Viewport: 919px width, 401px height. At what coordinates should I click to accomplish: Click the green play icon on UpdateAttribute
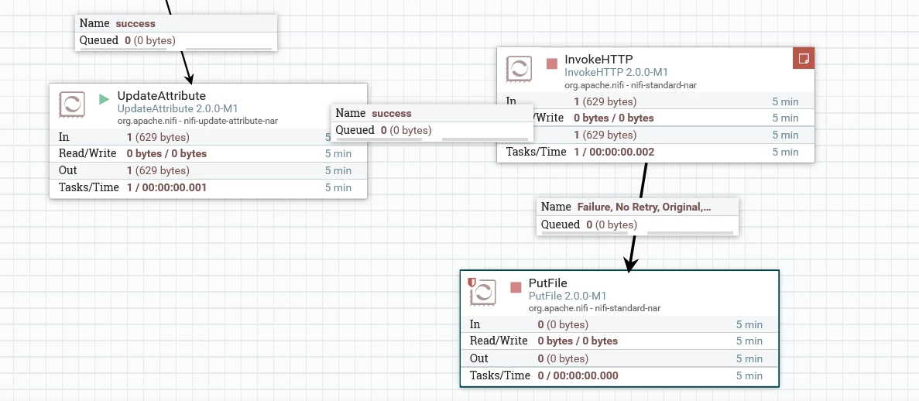click(105, 99)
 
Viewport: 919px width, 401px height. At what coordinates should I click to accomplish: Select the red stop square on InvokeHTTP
click(551, 63)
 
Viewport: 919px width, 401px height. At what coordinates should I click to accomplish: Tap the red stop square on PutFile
click(516, 287)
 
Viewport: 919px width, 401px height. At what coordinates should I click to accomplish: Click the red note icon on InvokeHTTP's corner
click(804, 58)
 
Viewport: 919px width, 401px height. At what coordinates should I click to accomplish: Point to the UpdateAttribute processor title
click(162, 95)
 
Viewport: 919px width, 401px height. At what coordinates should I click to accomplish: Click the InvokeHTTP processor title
click(598, 59)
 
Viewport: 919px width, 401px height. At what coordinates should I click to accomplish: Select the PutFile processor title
click(548, 283)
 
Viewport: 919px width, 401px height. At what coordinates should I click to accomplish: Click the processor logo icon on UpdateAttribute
click(71, 105)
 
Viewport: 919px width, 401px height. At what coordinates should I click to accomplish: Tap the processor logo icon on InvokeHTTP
click(519, 69)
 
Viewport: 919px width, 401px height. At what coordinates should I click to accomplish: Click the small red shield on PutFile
click(472, 282)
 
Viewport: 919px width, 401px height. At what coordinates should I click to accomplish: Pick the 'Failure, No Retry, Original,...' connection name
click(644, 207)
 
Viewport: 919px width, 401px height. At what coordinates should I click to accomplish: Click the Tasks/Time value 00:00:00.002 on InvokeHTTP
click(622, 152)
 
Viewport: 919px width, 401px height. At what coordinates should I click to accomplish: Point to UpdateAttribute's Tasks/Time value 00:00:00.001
click(174, 187)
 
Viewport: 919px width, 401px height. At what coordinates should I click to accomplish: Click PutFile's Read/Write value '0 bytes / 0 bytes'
click(578, 341)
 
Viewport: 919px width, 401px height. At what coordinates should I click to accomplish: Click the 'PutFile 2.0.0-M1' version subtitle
click(568, 296)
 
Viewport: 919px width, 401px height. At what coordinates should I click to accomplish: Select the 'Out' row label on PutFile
click(478, 358)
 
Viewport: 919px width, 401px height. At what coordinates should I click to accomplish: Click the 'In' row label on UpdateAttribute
click(64, 137)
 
